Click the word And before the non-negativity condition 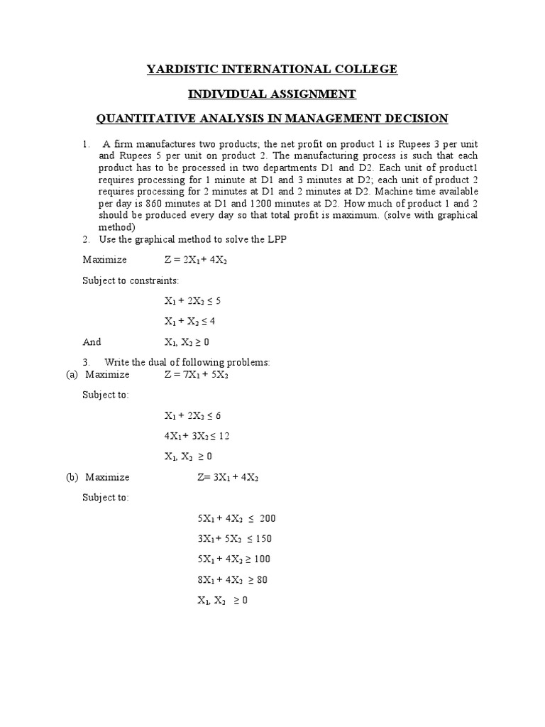point(92,341)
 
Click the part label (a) point(71,374)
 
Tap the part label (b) point(71,477)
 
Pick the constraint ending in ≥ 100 point(233,559)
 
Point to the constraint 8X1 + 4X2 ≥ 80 point(232,579)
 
